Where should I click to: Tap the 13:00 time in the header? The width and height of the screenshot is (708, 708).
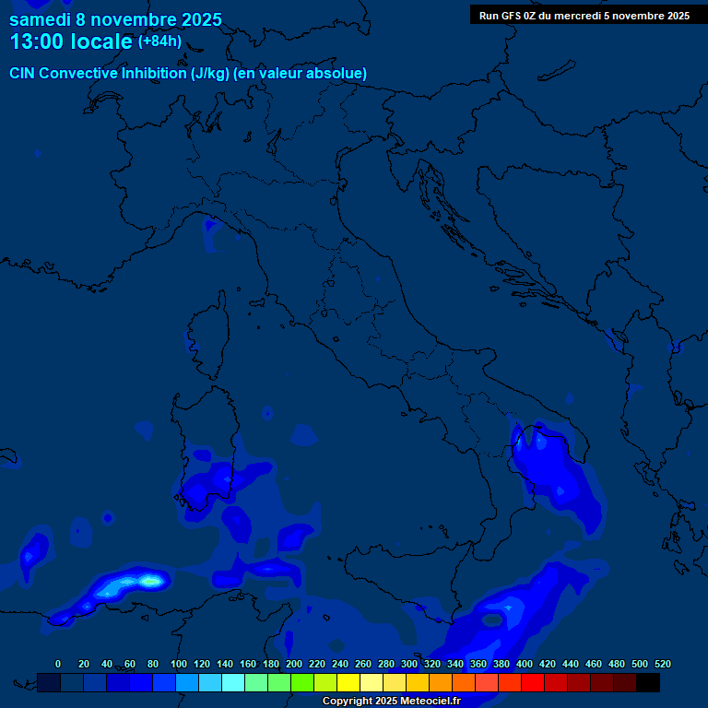pyautogui.click(x=39, y=42)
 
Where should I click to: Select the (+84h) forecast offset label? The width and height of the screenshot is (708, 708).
pyautogui.click(x=159, y=41)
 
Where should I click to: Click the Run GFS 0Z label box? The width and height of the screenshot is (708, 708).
pyautogui.click(x=584, y=15)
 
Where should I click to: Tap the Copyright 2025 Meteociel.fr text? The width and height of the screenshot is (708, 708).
pyautogui.click(x=391, y=701)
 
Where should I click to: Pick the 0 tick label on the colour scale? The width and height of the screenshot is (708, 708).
pyautogui.click(x=58, y=664)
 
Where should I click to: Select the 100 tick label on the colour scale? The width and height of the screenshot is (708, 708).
pyautogui.click(x=179, y=664)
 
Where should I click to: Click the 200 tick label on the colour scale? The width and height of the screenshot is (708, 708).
pyautogui.click(x=294, y=664)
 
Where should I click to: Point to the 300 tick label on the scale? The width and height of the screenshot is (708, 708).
pyautogui.click(x=409, y=664)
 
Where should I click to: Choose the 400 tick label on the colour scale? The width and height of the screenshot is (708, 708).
pyautogui.click(x=525, y=664)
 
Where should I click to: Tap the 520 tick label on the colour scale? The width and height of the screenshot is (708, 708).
pyautogui.click(x=662, y=664)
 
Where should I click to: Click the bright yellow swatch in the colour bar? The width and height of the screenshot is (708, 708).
pyautogui.click(x=348, y=682)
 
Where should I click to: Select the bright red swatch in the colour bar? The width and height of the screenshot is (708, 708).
pyautogui.click(x=533, y=682)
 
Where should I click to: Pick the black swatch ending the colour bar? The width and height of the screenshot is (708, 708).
pyautogui.click(x=648, y=682)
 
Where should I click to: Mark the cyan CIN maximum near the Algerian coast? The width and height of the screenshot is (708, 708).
pyautogui.click(x=149, y=581)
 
